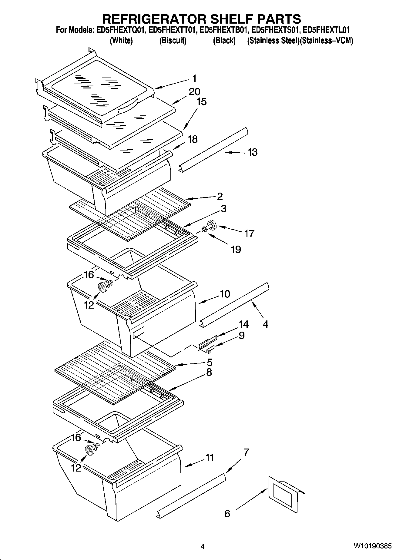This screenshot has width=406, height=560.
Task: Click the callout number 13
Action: click(252, 152)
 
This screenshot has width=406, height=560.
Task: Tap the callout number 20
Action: click(194, 91)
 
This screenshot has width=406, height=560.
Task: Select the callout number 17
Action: click(249, 234)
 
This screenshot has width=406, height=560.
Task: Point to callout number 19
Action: click(236, 249)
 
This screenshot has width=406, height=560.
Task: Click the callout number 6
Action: click(227, 514)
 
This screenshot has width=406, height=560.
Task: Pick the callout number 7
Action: click(246, 452)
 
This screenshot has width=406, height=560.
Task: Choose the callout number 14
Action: click(243, 324)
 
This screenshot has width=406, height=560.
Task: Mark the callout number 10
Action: click(225, 294)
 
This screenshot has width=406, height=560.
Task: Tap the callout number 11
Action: click(210, 458)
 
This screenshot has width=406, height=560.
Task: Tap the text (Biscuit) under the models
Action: click(173, 41)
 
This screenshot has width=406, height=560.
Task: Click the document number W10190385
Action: click(372, 546)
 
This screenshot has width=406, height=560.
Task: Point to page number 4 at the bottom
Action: click(203, 547)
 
